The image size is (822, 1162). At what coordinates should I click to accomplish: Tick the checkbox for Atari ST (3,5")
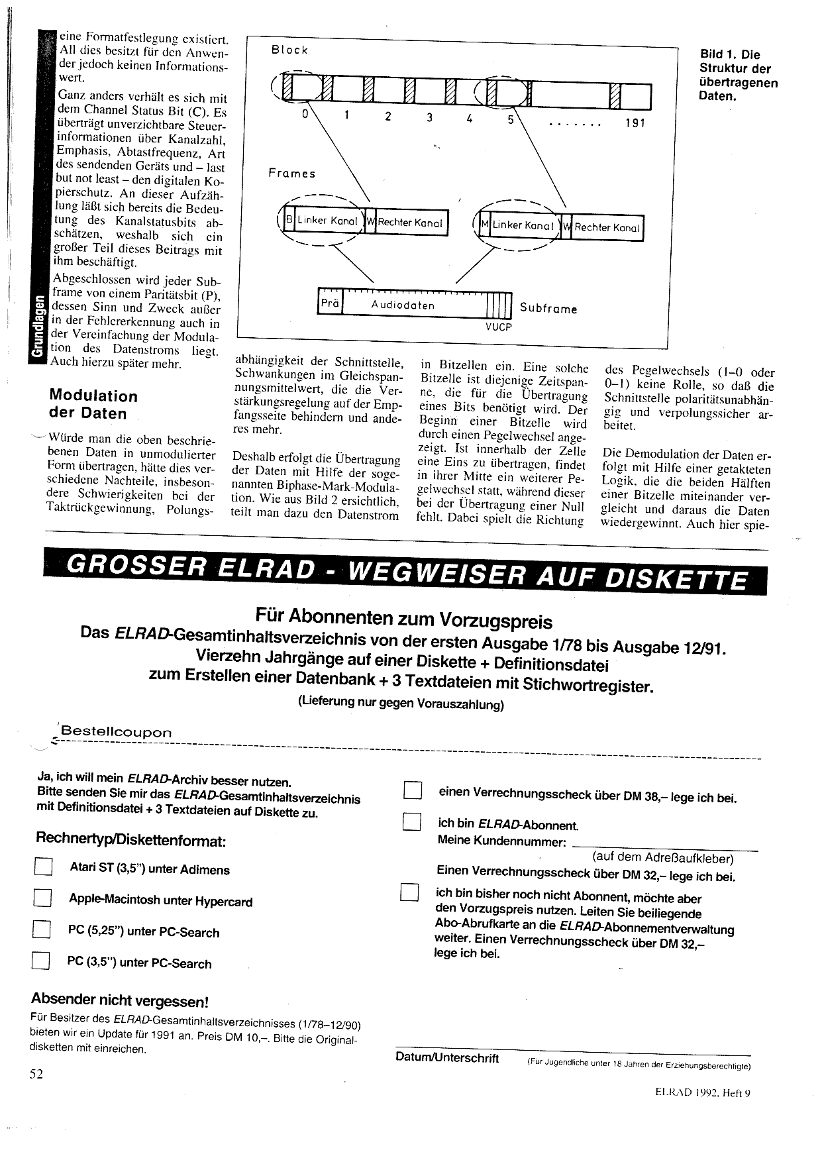pyautogui.click(x=43, y=867)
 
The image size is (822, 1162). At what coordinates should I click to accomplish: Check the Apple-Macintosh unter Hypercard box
pyautogui.click(x=42, y=898)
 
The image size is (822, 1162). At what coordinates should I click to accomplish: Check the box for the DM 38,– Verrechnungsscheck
pyautogui.click(x=413, y=792)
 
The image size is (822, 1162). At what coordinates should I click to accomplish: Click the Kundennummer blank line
pyautogui.click(x=664, y=846)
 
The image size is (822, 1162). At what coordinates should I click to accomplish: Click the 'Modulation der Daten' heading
pyautogui.click(x=93, y=405)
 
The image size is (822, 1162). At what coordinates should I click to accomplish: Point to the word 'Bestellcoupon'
pyautogui.click(x=116, y=732)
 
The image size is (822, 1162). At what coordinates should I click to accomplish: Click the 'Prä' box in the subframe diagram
pyautogui.click(x=330, y=304)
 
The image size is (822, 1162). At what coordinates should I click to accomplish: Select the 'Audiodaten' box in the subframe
pyautogui.click(x=403, y=305)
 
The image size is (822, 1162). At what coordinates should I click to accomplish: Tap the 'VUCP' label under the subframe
pyautogui.click(x=498, y=327)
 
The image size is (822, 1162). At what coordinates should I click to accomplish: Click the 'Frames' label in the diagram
pyautogui.click(x=292, y=174)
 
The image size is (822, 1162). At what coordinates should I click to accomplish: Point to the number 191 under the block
pyautogui.click(x=634, y=123)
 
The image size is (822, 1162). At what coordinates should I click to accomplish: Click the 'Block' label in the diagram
pyautogui.click(x=289, y=50)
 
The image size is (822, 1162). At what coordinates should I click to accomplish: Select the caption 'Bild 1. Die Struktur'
pyautogui.click(x=738, y=75)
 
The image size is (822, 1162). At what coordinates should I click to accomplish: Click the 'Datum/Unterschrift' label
pyautogui.click(x=447, y=1058)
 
